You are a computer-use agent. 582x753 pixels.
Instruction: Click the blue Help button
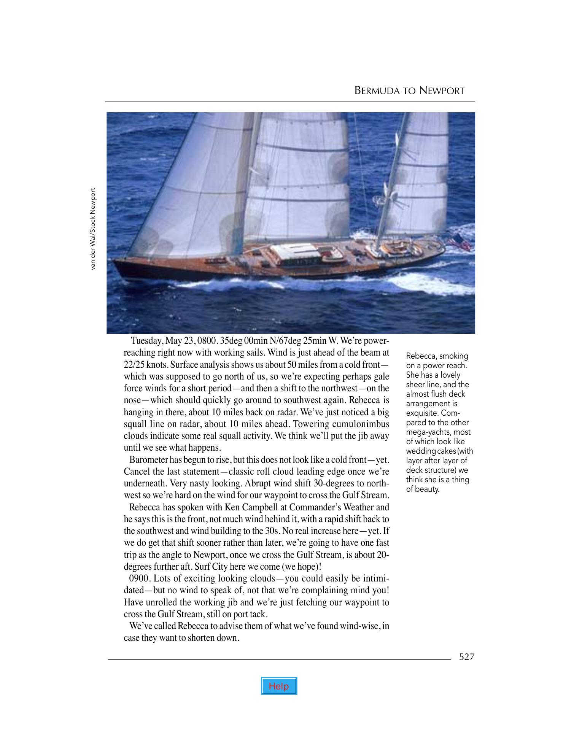pyautogui.click(x=279, y=686)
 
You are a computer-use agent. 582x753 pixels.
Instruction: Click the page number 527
pyautogui.click(x=467, y=657)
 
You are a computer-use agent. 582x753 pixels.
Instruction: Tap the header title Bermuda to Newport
pyautogui.click(x=409, y=91)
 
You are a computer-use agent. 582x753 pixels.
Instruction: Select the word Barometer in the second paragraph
pyautogui.click(x=149, y=460)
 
